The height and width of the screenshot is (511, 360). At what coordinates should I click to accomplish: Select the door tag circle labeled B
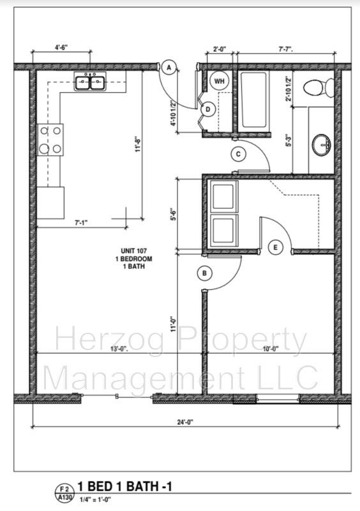(x=204, y=273)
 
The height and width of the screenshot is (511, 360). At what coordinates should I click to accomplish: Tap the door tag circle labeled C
(x=238, y=154)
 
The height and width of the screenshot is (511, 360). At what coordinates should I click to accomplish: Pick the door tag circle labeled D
(x=207, y=109)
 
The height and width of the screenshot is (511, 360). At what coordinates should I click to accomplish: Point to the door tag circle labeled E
(x=275, y=247)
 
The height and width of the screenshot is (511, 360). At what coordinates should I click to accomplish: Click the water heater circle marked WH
(x=219, y=81)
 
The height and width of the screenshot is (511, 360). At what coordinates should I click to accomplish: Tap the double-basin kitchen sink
(x=91, y=82)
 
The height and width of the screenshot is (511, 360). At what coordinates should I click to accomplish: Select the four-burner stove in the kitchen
(x=50, y=139)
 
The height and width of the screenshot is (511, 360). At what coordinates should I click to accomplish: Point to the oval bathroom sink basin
(x=322, y=145)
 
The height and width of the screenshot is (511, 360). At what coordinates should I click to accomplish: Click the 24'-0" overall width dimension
(x=184, y=422)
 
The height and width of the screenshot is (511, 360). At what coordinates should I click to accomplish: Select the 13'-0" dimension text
(x=119, y=349)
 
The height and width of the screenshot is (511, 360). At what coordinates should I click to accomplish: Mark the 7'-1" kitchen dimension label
(x=81, y=223)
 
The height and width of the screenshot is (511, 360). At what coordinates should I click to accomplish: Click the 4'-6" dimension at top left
(x=61, y=47)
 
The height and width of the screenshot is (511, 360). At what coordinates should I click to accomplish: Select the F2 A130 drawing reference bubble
(x=64, y=492)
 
